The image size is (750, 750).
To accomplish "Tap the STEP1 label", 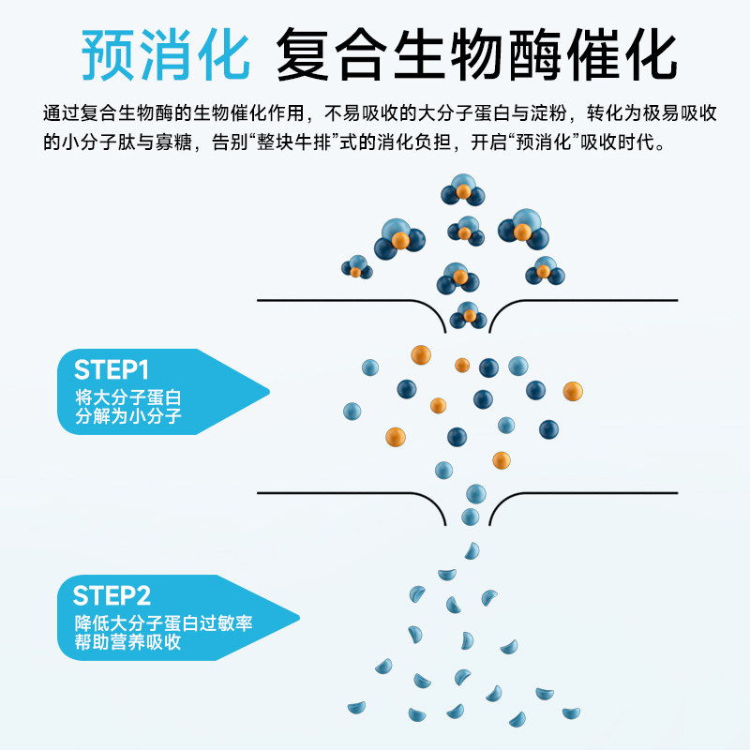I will [x=112, y=368].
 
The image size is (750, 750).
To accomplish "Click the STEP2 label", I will [x=112, y=595].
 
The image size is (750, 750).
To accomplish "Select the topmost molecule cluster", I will [x=463, y=190].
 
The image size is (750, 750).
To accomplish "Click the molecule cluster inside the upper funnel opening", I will [x=468, y=315].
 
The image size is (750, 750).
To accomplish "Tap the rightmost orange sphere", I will [x=572, y=390].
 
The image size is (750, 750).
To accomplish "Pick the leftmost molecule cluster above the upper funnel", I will [x=356, y=268].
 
